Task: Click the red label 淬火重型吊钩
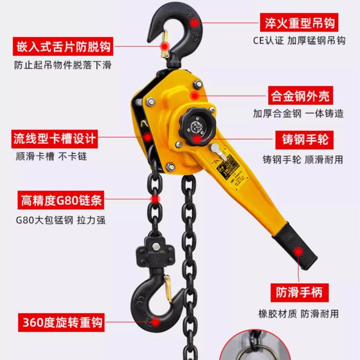pyautogui.click(x=299, y=23)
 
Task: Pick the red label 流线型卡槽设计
pyautogui.click(x=54, y=139)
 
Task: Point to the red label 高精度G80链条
pyautogui.click(x=61, y=200)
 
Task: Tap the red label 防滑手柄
pyautogui.click(x=299, y=292)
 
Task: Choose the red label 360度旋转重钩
pyautogui.click(x=61, y=322)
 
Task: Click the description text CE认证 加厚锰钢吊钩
pyautogui.click(x=299, y=40)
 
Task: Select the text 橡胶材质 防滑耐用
pyautogui.click(x=298, y=314)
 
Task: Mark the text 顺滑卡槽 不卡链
pyautogui.click(x=51, y=156)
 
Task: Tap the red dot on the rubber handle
pyautogui.click(x=298, y=251)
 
